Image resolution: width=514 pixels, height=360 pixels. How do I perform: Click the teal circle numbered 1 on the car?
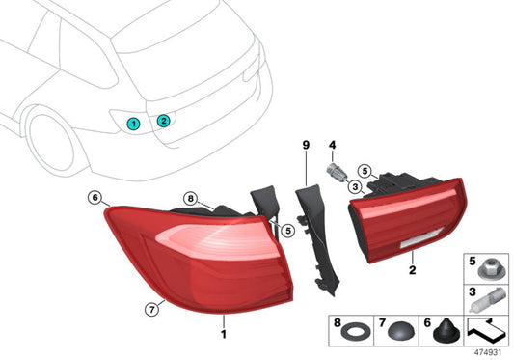click(x=134, y=124)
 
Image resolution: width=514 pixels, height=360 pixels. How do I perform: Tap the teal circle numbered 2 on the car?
click(x=164, y=120)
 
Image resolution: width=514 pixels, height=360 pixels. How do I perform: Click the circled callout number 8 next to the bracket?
click(x=192, y=202)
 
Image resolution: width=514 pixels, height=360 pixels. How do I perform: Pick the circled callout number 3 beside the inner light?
click(x=356, y=186)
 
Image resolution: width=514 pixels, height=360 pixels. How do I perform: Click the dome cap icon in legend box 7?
click(x=396, y=330)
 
